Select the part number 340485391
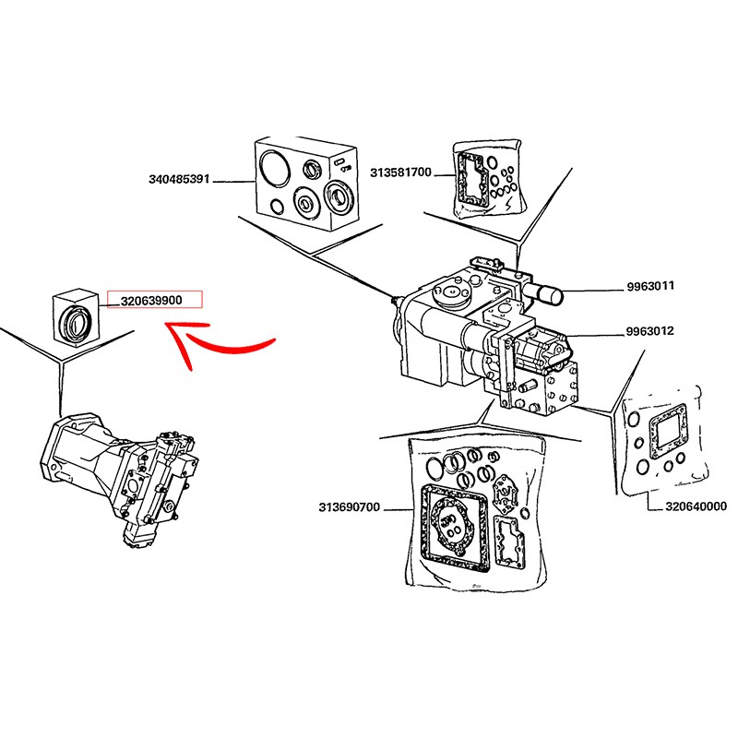180,179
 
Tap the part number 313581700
400,172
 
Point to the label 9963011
650,286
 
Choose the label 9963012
650,331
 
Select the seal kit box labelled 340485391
304,184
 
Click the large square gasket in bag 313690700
451,526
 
